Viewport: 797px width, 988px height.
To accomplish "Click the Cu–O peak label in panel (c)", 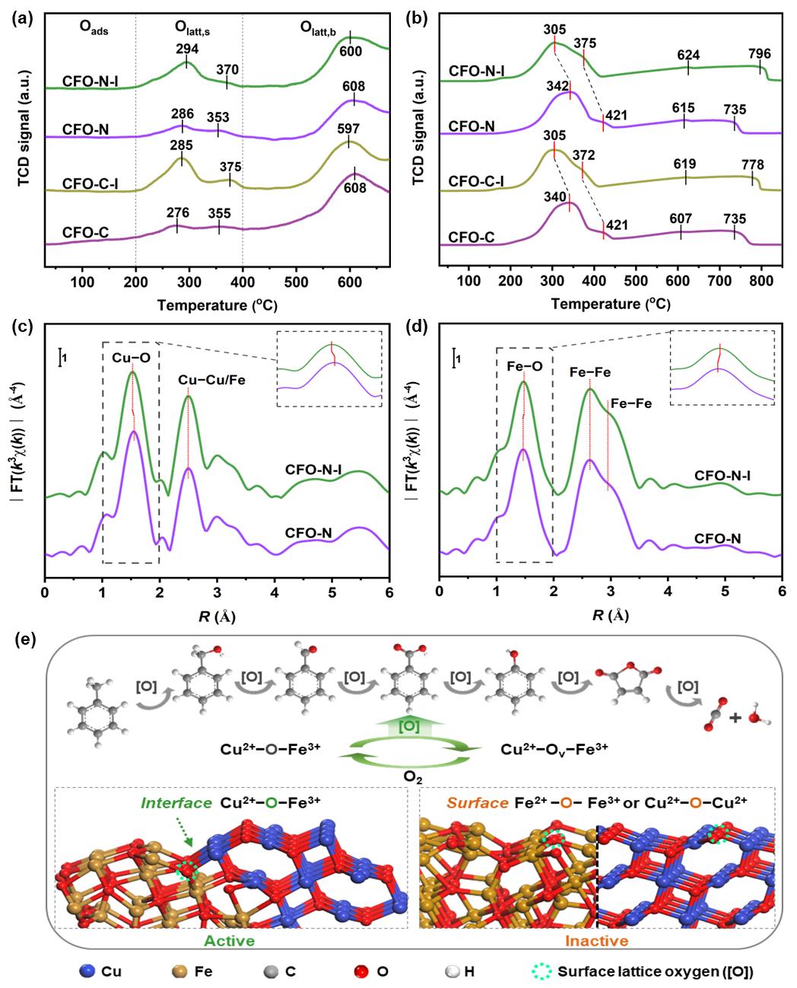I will click(x=131, y=352).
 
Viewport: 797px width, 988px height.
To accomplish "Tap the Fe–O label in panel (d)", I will click(x=524, y=366).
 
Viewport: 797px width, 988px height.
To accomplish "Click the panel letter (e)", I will click(x=25, y=639).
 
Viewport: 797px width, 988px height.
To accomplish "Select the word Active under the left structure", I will click(x=229, y=940).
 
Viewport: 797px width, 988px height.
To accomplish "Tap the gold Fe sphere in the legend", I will click(x=180, y=971).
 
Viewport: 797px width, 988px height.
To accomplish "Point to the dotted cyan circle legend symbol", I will click(x=542, y=971).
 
